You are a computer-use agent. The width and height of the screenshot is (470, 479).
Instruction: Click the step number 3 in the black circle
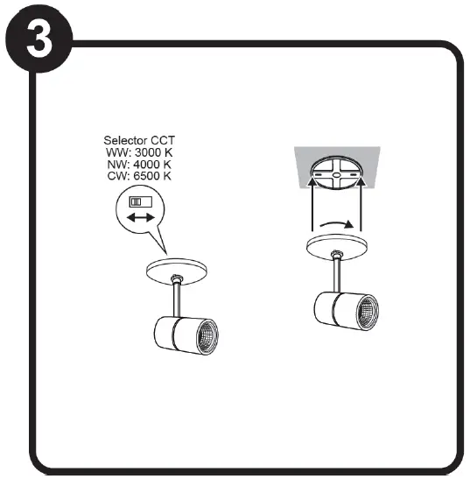[x=39, y=39]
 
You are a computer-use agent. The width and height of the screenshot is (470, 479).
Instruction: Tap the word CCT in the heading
[x=163, y=140]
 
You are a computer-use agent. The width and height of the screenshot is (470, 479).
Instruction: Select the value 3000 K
[x=154, y=152]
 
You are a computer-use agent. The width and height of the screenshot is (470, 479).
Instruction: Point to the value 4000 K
[x=152, y=165]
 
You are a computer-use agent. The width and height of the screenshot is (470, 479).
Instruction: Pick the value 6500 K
[x=152, y=176]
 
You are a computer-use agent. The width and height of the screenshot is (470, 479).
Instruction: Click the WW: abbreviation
[x=118, y=152]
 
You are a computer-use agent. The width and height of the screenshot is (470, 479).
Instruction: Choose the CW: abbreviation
[x=119, y=176]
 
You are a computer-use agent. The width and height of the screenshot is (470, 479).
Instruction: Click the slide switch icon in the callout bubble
[x=141, y=202]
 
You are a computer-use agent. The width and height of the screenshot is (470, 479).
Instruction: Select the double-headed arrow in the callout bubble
[x=141, y=218]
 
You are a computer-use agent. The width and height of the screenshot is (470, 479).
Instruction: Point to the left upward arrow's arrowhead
[x=312, y=182]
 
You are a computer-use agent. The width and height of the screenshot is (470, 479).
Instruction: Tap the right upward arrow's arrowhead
[x=361, y=182]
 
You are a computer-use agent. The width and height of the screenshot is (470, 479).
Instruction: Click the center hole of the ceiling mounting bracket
[x=336, y=175]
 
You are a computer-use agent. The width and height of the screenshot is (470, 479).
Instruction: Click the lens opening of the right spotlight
[x=368, y=313]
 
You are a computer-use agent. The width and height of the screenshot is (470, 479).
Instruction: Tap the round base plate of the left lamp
[x=177, y=271]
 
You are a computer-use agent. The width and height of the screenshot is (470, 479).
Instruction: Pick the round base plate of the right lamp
[x=337, y=247]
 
